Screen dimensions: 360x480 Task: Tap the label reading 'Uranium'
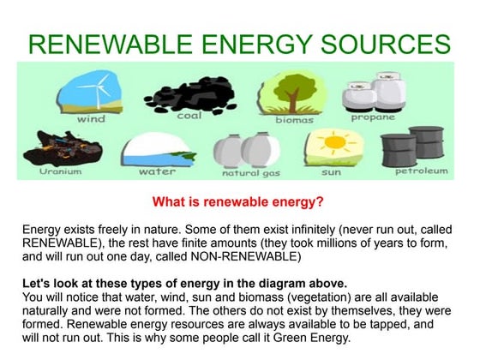pyautogui.click(x=60, y=171)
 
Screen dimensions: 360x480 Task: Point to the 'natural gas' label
pyautogui.click(x=251, y=173)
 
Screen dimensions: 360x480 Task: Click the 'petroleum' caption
pyautogui.click(x=421, y=171)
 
